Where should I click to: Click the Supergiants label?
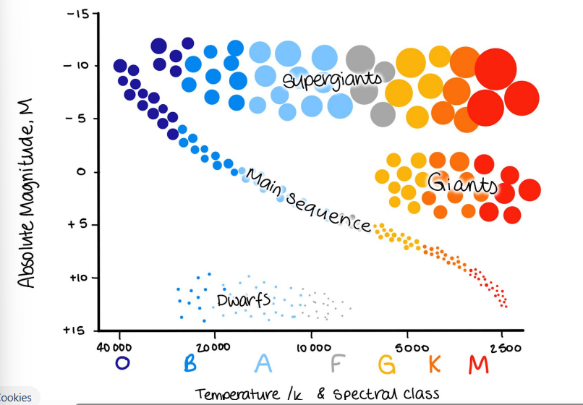coord(332,80)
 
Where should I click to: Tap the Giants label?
coord(462,184)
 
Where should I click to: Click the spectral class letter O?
coord(122,363)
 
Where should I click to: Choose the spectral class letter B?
coord(190,363)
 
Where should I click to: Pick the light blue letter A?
coord(263,363)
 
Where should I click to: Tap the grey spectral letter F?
coord(337,363)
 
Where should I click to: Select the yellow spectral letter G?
coord(387,364)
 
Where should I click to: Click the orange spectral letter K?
coord(435,364)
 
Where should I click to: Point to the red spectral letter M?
coord(479,364)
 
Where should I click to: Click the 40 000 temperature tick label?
coord(114,347)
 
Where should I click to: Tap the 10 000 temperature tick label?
coord(314,348)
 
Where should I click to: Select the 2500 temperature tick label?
coord(506,348)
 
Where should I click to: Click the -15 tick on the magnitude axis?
coord(78,14)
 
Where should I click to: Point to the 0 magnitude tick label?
coord(82,172)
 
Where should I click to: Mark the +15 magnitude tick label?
coord(75,331)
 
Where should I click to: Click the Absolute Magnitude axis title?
coord(26,193)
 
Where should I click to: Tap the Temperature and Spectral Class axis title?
coord(317,394)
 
